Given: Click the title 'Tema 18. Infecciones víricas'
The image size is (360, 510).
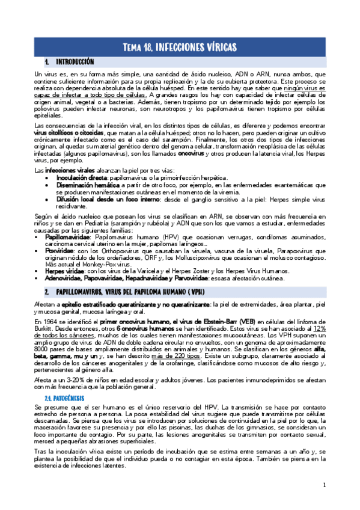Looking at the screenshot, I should pyautogui.click(x=180, y=47).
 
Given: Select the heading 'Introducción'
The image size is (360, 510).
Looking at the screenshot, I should pyautogui.click(x=75, y=62).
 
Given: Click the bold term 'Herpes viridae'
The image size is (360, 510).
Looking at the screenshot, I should pyautogui.click(x=63, y=271).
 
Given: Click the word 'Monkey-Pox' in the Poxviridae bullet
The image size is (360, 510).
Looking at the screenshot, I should pyautogui.click(x=87, y=264).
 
